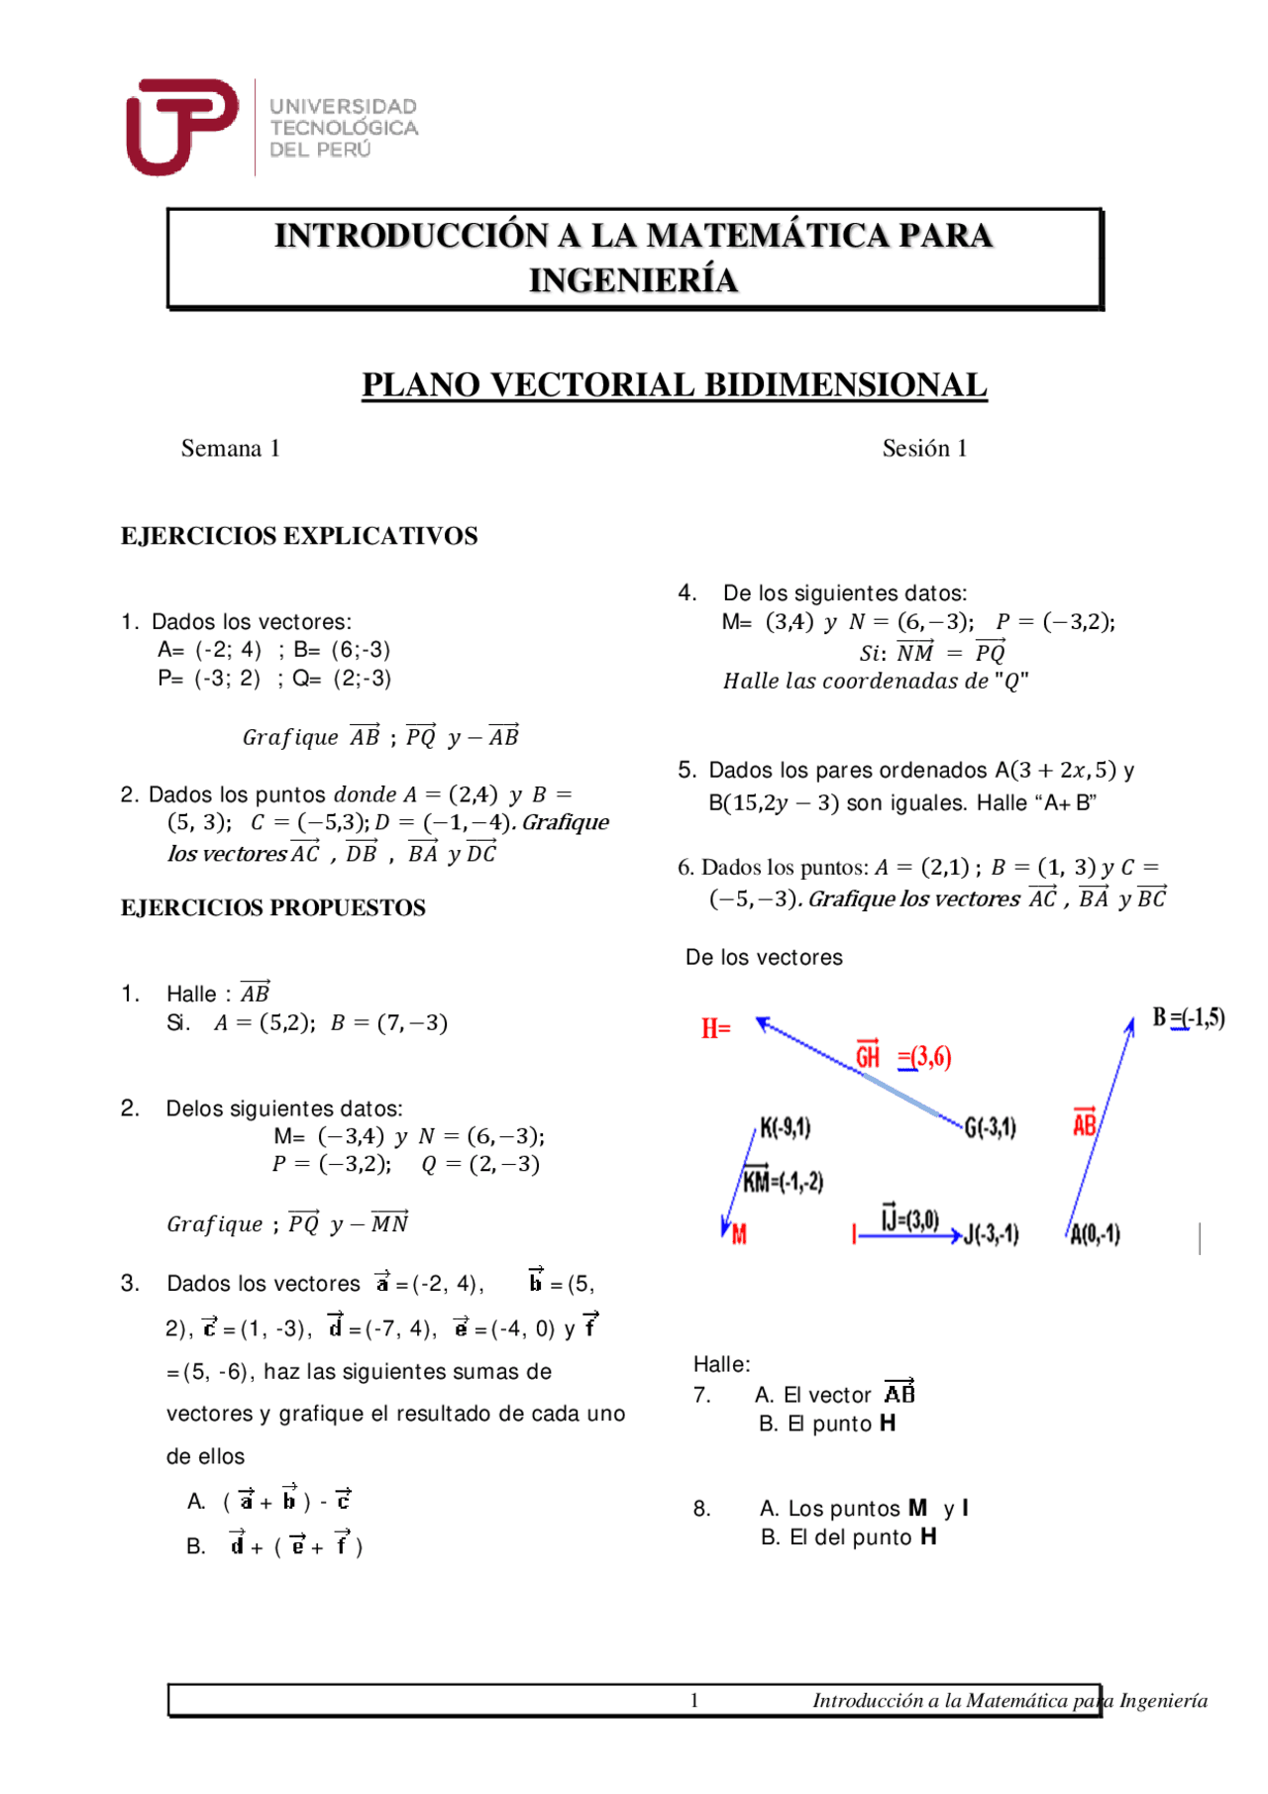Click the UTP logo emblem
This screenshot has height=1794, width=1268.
pyautogui.click(x=181, y=126)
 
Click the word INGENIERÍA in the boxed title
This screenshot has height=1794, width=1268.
pyautogui.click(x=633, y=280)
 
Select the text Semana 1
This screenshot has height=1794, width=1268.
pyautogui.click(x=230, y=449)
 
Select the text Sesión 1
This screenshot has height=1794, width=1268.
pyautogui.click(x=924, y=449)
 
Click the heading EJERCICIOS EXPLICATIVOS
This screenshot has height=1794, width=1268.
pyautogui.click(x=299, y=536)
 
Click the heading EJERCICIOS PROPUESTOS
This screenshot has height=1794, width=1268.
pyautogui.click(x=273, y=907)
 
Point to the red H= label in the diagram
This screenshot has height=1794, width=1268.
pyautogui.click(x=715, y=1028)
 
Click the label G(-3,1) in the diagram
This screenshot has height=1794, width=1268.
pyautogui.click(x=990, y=1127)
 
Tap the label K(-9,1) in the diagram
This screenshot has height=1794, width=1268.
pyautogui.click(x=786, y=1127)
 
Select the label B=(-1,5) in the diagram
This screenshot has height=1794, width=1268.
pyautogui.click(x=1188, y=1017)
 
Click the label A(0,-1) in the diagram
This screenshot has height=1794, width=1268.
pyautogui.click(x=1095, y=1234)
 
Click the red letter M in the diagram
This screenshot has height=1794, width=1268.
pyautogui.click(x=739, y=1234)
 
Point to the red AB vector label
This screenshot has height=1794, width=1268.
pyautogui.click(x=1085, y=1123)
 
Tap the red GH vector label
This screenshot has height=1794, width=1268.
pyautogui.click(x=868, y=1056)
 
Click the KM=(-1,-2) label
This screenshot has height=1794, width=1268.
pyautogui.click(x=783, y=1180)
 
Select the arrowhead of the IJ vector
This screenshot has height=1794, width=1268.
pyautogui.click(x=956, y=1235)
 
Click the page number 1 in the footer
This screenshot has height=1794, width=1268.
pyautogui.click(x=694, y=1700)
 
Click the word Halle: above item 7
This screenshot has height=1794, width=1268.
pyautogui.click(x=721, y=1364)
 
